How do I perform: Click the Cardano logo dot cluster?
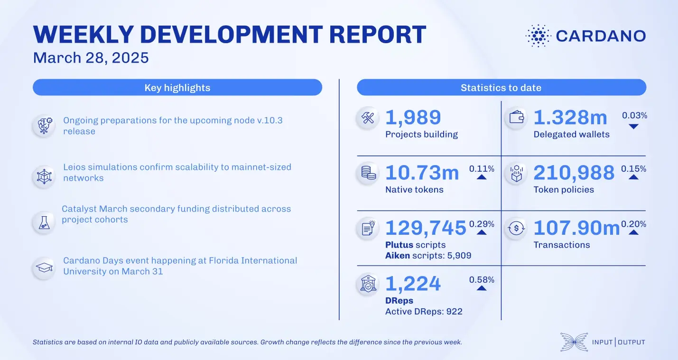(x=538, y=36)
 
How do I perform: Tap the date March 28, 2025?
(x=91, y=58)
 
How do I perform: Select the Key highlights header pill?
(x=177, y=88)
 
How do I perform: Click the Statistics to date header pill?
(x=501, y=88)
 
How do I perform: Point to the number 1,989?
(x=413, y=118)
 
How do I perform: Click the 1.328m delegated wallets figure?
(x=570, y=118)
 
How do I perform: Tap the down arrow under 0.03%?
(x=633, y=127)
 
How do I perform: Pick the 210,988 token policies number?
(x=574, y=173)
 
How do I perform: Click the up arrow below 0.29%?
(x=482, y=232)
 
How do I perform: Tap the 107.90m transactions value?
(x=576, y=228)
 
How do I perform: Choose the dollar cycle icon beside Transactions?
(x=516, y=229)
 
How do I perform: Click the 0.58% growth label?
(x=482, y=280)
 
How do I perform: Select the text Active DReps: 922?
(x=424, y=312)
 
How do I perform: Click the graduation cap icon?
(x=44, y=268)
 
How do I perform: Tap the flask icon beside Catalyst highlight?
(x=44, y=222)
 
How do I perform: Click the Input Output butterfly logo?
(x=574, y=342)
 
